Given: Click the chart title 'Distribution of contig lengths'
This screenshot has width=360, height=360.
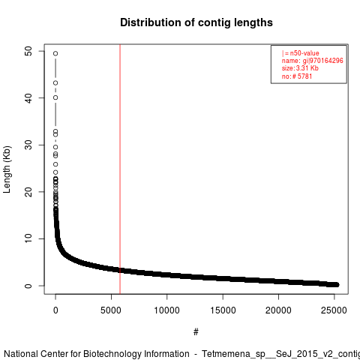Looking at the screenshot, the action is pos(196,22).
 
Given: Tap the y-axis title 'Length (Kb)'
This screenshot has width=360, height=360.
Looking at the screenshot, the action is pos(7,169).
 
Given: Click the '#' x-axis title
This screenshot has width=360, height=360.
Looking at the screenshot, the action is pos(196,331).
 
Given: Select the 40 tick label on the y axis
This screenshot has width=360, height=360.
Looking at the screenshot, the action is pos(28,98).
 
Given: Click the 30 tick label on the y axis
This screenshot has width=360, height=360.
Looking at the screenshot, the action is pos(28,145).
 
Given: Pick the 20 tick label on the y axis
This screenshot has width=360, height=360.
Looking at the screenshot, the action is pos(28,192).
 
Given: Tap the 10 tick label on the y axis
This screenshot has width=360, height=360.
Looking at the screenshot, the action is pos(28,238).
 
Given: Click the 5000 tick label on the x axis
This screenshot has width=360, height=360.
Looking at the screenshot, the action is pos(111,310).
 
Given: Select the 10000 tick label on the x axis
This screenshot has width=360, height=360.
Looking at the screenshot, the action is pos(166,310).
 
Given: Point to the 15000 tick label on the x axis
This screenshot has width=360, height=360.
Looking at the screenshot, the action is pos(223,310).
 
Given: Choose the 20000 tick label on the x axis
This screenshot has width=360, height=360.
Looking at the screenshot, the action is pos(278,310).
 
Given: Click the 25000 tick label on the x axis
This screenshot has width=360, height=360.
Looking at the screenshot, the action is pos(334,310).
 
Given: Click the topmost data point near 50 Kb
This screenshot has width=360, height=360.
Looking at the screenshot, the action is pos(55,53).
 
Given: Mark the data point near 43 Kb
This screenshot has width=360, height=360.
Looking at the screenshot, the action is pos(55,83).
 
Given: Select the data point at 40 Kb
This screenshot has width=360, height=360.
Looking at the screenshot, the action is pos(55,97).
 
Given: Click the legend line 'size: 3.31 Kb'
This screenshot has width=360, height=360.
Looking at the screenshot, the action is pos(300,68).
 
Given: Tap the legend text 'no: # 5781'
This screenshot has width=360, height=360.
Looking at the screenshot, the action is pos(297,76).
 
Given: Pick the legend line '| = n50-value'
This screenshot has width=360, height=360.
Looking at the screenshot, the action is pos(301,53).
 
